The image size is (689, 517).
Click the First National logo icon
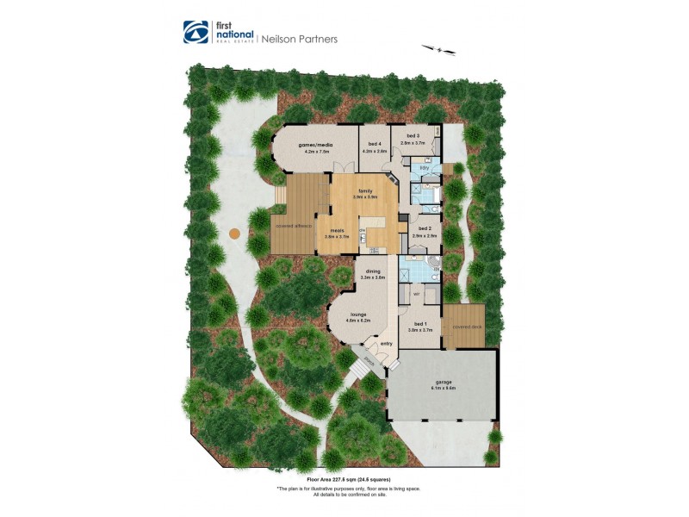pyautogui.click(x=194, y=32)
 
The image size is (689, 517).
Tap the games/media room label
pyautogui.click(x=313, y=145)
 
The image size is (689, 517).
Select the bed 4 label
pyautogui.click(x=374, y=145)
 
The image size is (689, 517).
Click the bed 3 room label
pyautogui.click(x=413, y=137)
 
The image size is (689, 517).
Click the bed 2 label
pyautogui.click(x=425, y=228)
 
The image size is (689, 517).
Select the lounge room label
pyautogui.click(x=356, y=315)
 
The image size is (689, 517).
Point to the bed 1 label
pyautogui.click(x=419, y=325)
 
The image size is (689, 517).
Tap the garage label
pyautogui.click(x=444, y=382)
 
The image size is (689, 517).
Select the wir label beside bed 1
pyautogui.click(x=416, y=294)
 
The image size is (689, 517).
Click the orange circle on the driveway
pyautogui.click(x=233, y=234)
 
